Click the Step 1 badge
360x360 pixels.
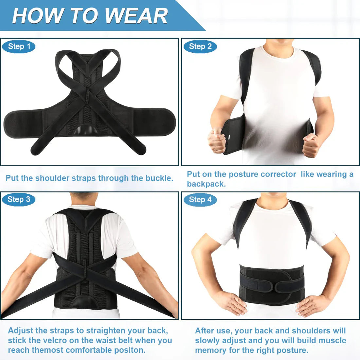tap(19, 46)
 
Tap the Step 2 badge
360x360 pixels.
tap(200, 46)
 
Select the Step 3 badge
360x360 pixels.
tap(19, 199)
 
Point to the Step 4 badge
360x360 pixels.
tap(200, 199)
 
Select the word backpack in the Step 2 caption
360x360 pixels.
tap(206, 184)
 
